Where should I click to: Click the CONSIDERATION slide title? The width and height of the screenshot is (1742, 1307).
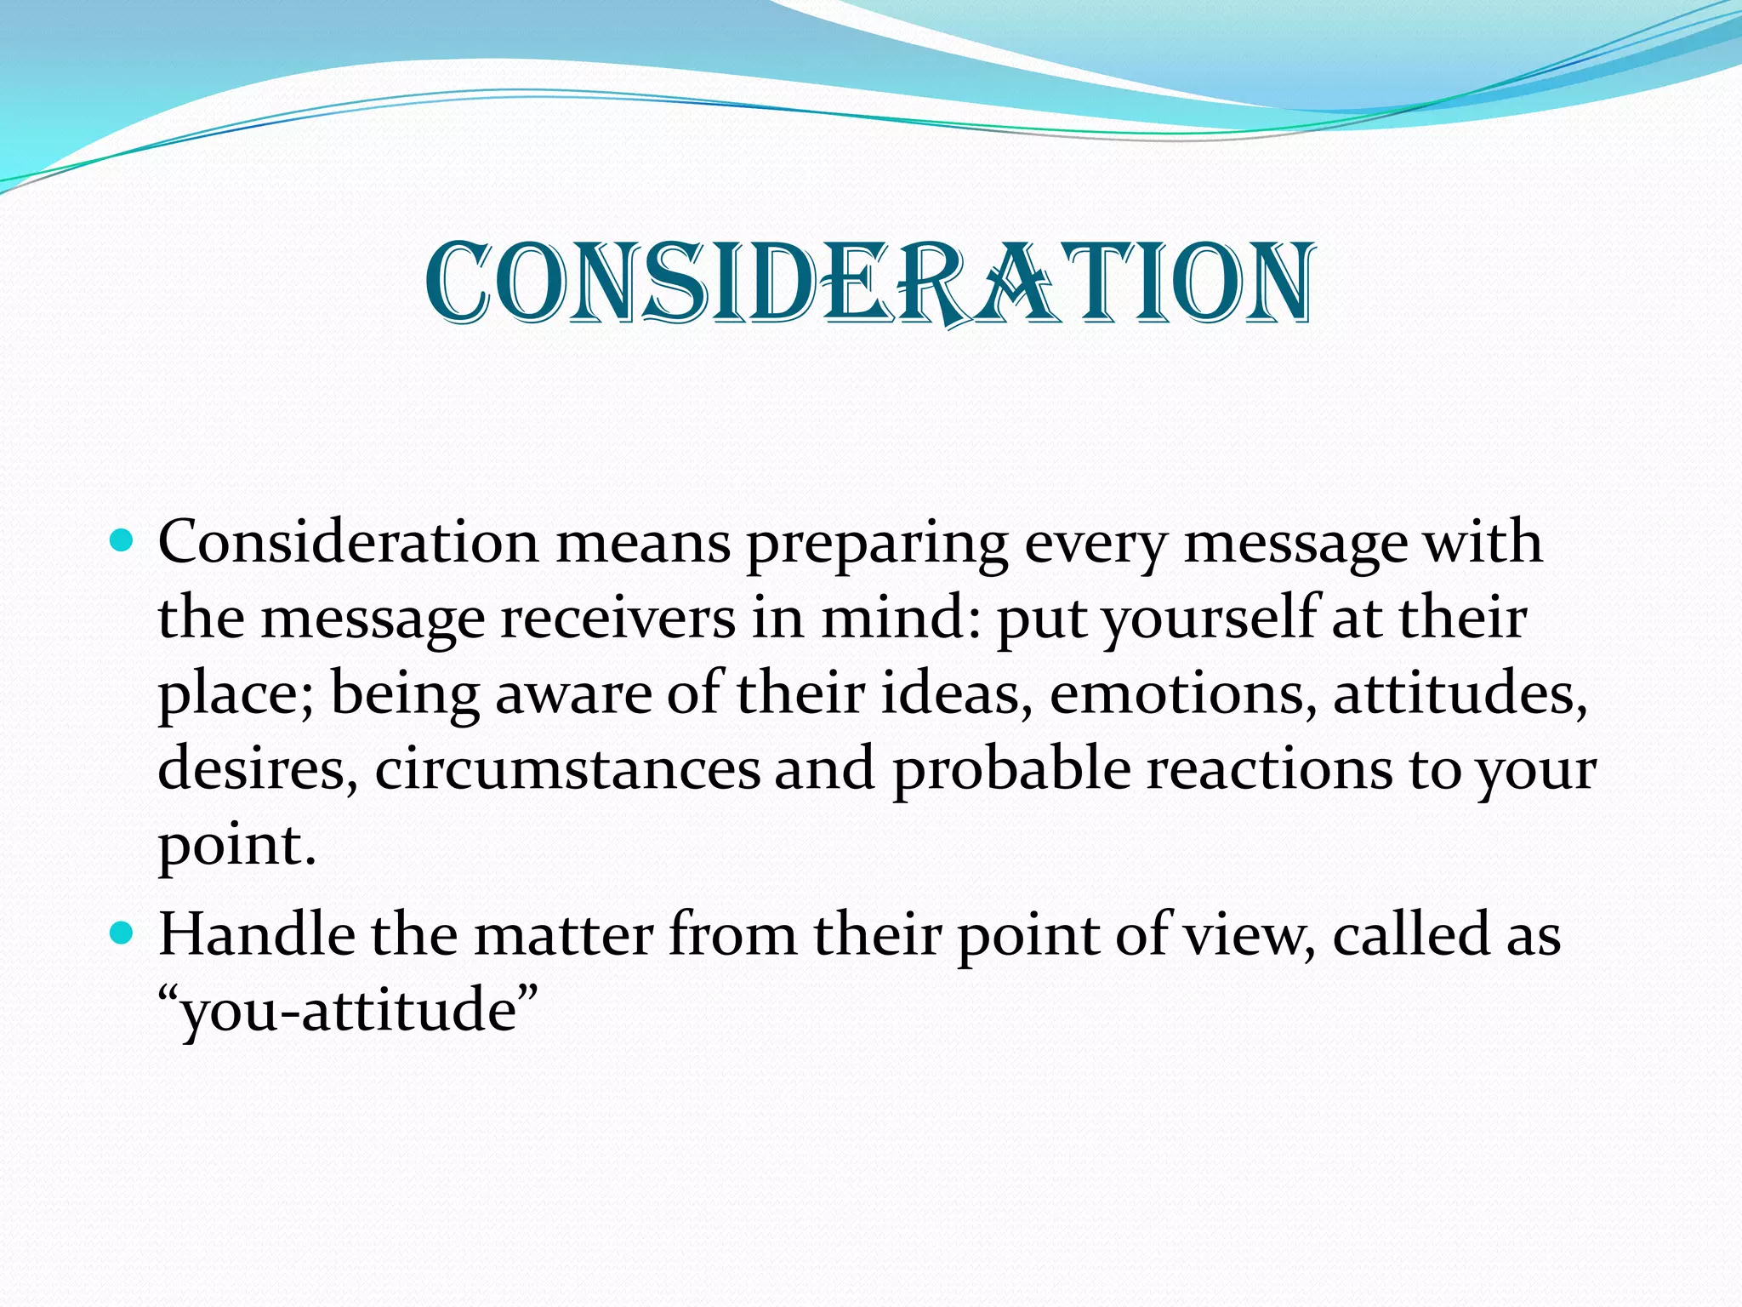(870, 283)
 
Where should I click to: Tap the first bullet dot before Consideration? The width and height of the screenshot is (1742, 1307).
(122, 540)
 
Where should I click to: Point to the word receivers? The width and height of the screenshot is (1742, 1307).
(618, 619)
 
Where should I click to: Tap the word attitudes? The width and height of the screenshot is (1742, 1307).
(1460, 693)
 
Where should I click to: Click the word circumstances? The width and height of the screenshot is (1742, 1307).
(567, 769)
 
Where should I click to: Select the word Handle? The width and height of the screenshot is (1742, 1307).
(257, 934)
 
